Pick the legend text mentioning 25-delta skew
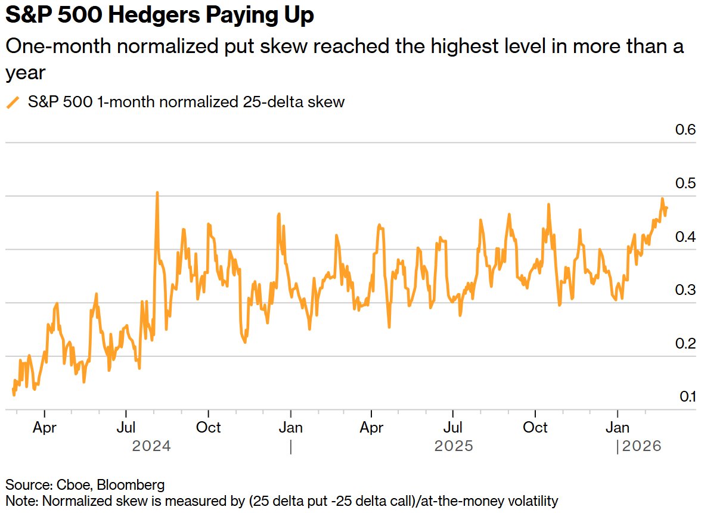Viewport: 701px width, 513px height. pos(186,102)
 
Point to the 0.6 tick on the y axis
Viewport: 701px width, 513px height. pos(685,130)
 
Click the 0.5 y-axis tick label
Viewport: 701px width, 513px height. pos(685,184)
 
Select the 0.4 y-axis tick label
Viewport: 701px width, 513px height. pos(685,237)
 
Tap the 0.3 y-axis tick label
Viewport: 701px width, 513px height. pos(685,290)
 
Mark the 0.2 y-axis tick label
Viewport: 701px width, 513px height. pos(685,344)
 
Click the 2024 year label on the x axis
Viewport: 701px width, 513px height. pos(151,446)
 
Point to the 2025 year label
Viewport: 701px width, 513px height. pos(454,446)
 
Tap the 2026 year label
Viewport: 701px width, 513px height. pos(642,446)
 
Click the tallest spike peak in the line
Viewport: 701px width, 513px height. pos(157,193)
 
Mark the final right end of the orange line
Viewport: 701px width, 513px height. pos(666,208)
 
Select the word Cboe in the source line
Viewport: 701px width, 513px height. pos(65,484)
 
